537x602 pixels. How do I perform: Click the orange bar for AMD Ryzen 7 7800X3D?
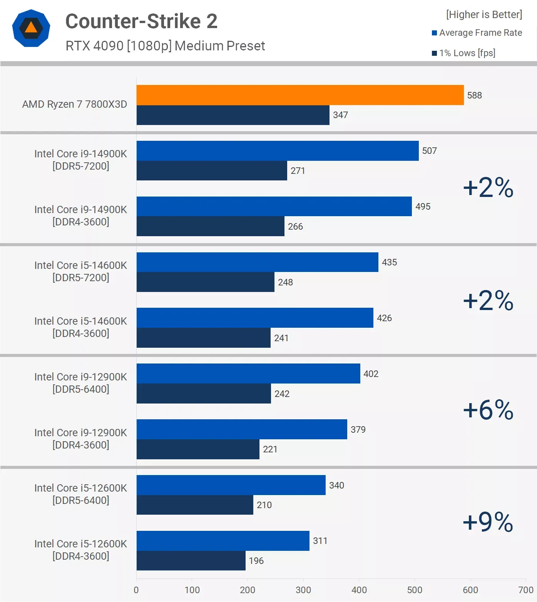tap(300, 95)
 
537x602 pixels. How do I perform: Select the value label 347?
tap(340, 115)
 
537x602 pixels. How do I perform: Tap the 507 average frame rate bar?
tap(278, 151)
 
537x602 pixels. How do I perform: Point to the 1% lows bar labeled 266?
tap(210, 226)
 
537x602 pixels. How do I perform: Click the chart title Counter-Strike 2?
tap(141, 21)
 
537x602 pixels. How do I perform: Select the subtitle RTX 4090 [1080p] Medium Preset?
tap(165, 46)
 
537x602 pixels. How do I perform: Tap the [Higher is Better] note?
tap(484, 15)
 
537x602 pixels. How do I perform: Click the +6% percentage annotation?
tap(488, 410)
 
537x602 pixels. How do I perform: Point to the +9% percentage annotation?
tap(488, 522)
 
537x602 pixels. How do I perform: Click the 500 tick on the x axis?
tap(415, 590)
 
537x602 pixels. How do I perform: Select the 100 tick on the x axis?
tap(192, 590)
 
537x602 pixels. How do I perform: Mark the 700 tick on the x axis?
tap(526, 590)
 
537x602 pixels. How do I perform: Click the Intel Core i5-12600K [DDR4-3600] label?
tap(80, 550)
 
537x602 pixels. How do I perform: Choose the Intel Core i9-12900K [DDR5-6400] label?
tap(80, 383)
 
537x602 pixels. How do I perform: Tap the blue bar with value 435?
tap(257, 262)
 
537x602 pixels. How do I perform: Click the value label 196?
tap(256, 561)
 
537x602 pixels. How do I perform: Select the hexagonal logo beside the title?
tap(31, 28)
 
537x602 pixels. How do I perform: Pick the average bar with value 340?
tap(231, 485)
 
